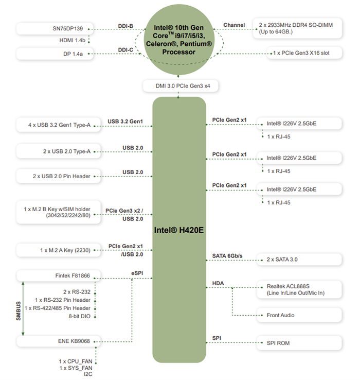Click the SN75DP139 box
(x=53, y=29)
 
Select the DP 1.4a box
(x=53, y=53)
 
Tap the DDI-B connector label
(x=125, y=26)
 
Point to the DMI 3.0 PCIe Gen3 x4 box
(x=179, y=86)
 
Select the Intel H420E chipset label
(x=179, y=230)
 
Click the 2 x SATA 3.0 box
(x=298, y=259)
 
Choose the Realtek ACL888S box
(x=298, y=289)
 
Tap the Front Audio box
(x=298, y=315)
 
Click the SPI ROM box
(x=298, y=342)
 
